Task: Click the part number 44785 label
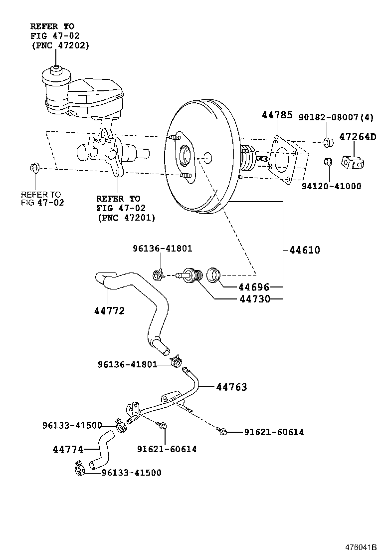(277, 115)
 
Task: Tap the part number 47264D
(359, 137)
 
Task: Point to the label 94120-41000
(332, 186)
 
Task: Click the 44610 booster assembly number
(304, 250)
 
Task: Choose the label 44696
(253, 287)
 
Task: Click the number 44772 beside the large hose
(109, 311)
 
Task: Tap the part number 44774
(68, 449)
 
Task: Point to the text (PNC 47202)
(59, 45)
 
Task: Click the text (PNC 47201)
(125, 218)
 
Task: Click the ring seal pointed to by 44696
(215, 275)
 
